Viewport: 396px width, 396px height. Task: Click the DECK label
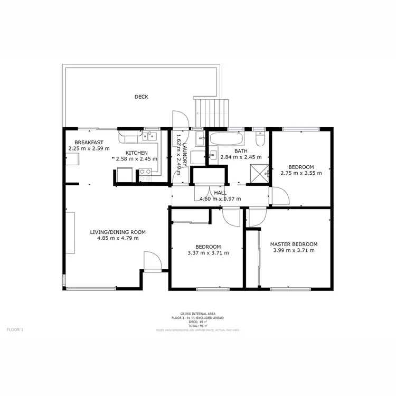141,97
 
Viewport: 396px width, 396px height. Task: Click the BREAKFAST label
88,143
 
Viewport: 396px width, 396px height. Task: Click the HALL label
220,193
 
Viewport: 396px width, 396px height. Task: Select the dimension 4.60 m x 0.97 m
220,199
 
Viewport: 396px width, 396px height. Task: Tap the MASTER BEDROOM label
294,244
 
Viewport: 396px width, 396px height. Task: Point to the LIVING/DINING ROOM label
118,232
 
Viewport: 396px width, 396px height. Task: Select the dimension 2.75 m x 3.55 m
301,173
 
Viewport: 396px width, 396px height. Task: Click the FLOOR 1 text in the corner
15,329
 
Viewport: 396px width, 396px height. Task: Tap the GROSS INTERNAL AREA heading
197,313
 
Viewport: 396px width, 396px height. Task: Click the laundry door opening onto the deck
178,120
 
